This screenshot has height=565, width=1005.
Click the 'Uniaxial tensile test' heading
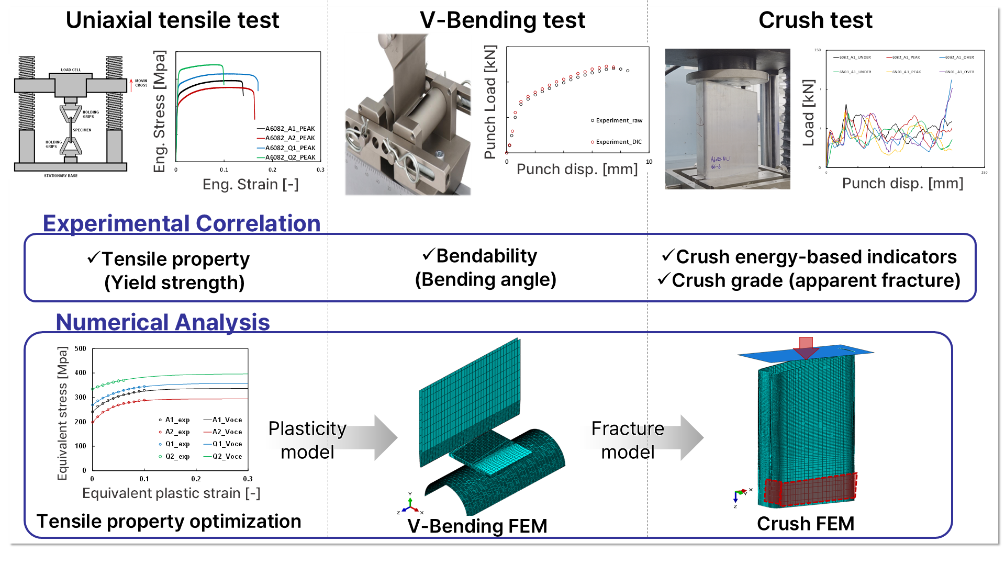pos(172,20)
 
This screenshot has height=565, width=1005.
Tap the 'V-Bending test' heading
pos(502,20)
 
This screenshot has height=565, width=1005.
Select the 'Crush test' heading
pos(815,20)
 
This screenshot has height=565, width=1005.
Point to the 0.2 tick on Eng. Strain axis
pos(272,169)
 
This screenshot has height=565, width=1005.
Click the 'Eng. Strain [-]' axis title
pos(250,184)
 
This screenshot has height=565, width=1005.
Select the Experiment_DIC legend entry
pos(618,142)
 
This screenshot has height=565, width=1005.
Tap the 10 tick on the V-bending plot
pos(649,162)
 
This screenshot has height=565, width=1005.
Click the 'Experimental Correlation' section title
pos(181,223)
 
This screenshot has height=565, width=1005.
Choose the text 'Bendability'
pos(486,256)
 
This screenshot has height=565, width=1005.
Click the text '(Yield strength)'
pos(174,282)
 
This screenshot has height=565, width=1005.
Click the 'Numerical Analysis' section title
pos(163,322)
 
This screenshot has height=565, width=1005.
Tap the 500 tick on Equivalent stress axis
pos(81,348)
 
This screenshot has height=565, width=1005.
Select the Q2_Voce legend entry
pos(227,456)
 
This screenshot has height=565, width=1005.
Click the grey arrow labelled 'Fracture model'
pos(691,437)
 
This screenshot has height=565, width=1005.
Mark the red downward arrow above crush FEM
pos(806,347)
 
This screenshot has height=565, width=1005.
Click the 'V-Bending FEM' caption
pos(477,526)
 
